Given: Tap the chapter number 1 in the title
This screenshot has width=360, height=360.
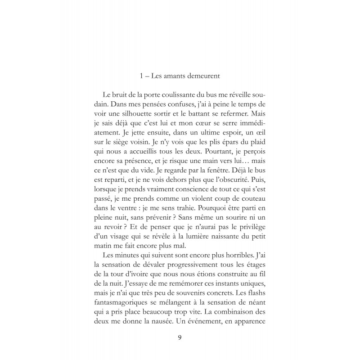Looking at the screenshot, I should pos(142,76).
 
